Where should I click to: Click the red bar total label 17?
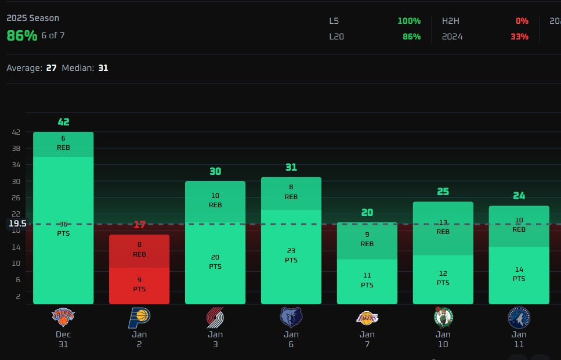tap(139, 225)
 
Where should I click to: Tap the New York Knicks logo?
tap(63, 317)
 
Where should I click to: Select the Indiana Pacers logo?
tap(139, 317)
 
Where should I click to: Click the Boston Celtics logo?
tap(443, 317)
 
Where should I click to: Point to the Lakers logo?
tap(367, 317)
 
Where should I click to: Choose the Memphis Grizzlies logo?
tap(291, 317)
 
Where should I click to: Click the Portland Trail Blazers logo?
tap(215, 317)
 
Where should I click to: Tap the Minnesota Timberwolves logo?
tap(519, 317)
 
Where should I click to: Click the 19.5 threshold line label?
tap(17, 224)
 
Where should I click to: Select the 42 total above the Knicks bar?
tap(63, 122)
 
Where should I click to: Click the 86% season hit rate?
tap(22, 35)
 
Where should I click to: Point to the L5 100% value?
tap(409, 21)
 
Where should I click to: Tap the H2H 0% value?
tap(522, 21)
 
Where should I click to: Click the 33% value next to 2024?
tap(519, 37)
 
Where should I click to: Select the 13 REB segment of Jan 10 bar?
tap(443, 227)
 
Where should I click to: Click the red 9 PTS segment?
tap(139, 285)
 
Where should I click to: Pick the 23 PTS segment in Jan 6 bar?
tap(291, 255)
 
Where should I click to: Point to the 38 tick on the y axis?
tap(16, 149)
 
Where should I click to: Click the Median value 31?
tap(103, 68)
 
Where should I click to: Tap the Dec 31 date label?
tap(63, 339)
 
